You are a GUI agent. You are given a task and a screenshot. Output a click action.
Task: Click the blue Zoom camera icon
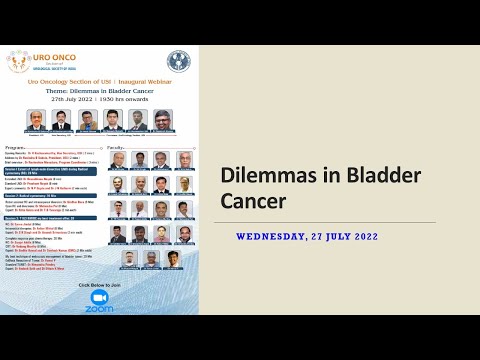pyautogui.click(x=98, y=297)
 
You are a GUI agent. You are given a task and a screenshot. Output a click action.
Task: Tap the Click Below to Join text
pyautogui.click(x=98, y=284)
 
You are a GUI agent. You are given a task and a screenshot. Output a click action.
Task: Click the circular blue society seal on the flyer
pyautogui.click(x=178, y=61)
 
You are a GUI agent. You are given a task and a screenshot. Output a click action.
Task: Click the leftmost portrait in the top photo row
pyautogui.click(x=36, y=119)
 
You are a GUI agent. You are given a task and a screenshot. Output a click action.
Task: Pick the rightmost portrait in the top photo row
pyautogui.click(x=162, y=119)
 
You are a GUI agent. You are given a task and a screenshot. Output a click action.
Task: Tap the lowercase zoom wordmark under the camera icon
pyautogui.click(x=98, y=309)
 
